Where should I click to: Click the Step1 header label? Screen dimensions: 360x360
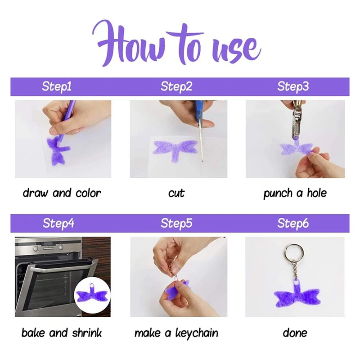57,87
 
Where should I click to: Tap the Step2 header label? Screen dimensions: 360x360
176,87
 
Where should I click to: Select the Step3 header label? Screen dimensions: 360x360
293,87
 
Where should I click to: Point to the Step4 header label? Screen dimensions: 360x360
58,223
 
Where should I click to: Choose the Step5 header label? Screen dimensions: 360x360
176,223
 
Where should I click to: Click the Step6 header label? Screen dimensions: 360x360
293,223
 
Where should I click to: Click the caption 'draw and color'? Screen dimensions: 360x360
62,193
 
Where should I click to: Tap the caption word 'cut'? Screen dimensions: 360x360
176,193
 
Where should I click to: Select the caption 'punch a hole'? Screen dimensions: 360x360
295,193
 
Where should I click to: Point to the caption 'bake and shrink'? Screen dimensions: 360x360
62,333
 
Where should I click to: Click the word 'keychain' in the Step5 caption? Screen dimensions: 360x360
197,333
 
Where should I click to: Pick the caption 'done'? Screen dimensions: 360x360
295,333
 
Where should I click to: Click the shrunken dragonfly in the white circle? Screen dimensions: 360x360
92,294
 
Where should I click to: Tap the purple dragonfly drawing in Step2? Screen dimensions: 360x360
175,148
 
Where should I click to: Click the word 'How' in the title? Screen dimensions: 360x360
130,44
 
